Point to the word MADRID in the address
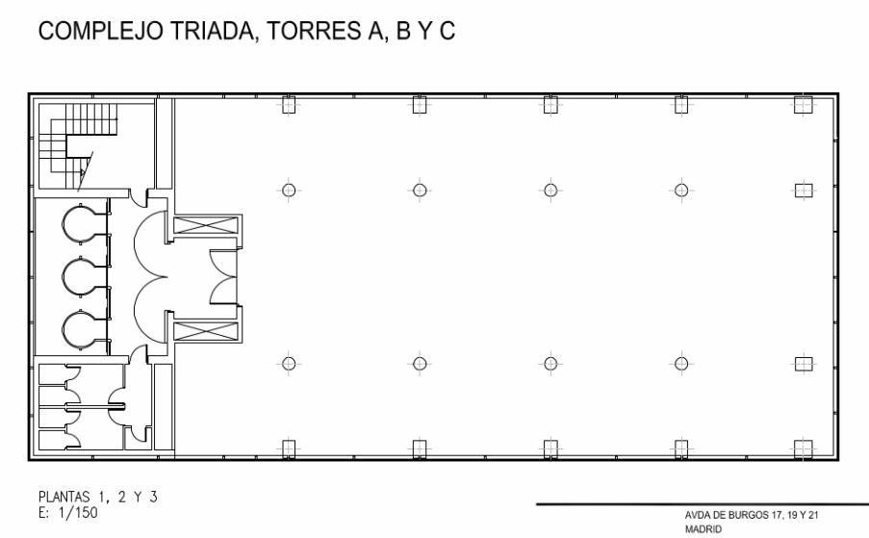coord(701,528)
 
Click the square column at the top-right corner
coord(803,106)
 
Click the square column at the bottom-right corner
coord(803,448)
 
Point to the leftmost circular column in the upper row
coord(287,190)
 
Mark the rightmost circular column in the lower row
coord(681,363)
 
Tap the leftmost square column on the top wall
coord(287,106)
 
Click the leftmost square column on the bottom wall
coord(287,448)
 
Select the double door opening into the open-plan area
coord(222,277)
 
